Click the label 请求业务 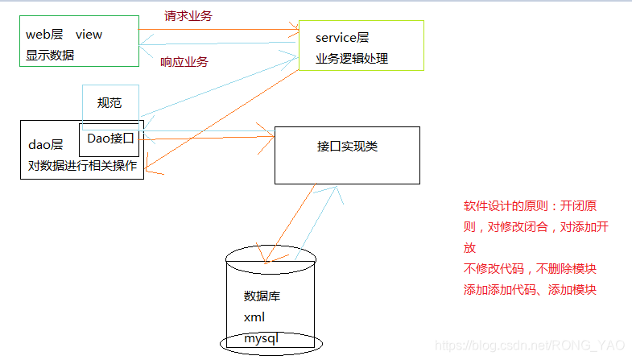point(188,15)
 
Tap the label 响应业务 point(184,62)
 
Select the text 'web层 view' point(64,35)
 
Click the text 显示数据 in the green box point(50,56)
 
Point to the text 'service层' point(342,37)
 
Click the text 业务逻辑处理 point(352,59)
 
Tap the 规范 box point(110,103)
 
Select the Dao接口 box point(110,139)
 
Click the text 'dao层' point(46,145)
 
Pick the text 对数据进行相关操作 point(82,167)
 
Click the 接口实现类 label point(347,147)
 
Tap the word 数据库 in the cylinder point(262,296)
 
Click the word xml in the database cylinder point(254,317)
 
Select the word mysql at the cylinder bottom point(261,339)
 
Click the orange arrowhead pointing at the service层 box point(295,31)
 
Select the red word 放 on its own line point(469,248)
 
